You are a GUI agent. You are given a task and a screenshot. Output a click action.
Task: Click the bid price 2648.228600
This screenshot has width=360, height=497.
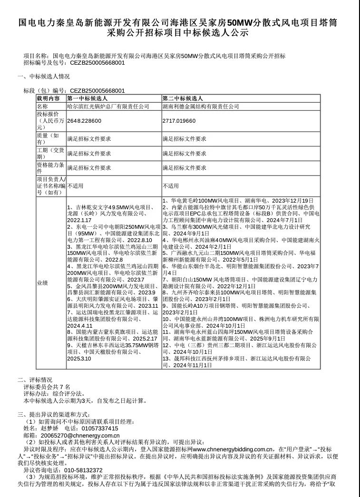pyautogui.click(x=85, y=121)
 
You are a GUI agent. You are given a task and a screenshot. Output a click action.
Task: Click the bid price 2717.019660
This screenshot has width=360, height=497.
pyautogui.click(x=179, y=121)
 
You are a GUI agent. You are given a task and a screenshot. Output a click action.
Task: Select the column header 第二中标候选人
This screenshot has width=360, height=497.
pyautogui.click(x=183, y=98)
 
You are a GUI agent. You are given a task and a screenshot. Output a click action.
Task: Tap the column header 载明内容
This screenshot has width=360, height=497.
pyautogui.click(x=49, y=98)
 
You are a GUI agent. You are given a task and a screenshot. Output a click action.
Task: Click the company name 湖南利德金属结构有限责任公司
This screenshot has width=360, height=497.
pyautogui.click(x=201, y=107)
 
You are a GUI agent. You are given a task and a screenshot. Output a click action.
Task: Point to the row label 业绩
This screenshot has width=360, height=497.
pyautogui.click(x=42, y=283)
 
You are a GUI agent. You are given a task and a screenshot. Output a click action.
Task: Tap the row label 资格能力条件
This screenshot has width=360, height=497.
pyautogui.click(x=50, y=167)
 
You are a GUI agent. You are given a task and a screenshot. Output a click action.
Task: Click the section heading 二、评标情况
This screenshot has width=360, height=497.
pyautogui.click(x=35, y=380)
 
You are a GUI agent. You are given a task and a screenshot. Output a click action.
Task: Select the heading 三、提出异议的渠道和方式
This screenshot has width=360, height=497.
pyautogui.click(x=53, y=415)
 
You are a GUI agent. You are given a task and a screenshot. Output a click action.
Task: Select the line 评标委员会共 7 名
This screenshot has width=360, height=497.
pyautogui.click(x=47, y=387)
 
